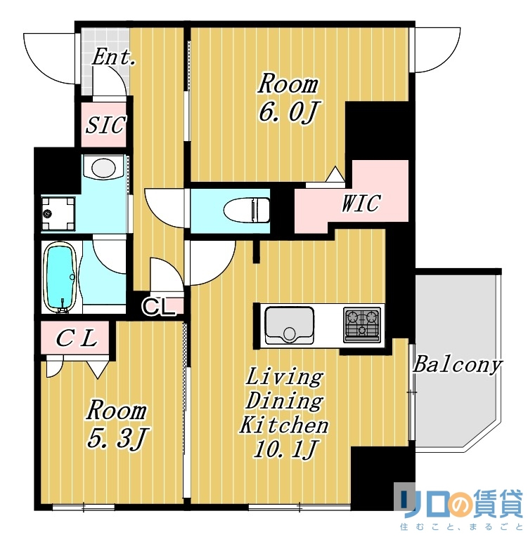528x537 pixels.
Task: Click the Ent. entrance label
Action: pyautogui.click(x=113, y=58)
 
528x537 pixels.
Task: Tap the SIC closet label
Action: pyautogui.click(x=105, y=126)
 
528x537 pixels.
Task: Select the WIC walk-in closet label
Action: pyautogui.click(x=360, y=204)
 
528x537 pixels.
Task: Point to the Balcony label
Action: pyautogui.click(x=457, y=365)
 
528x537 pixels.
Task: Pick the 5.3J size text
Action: pyautogui.click(x=117, y=439)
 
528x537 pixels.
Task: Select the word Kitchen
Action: pyautogui.click(x=284, y=425)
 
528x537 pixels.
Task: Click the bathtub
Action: pyautogui.click(x=61, y=277)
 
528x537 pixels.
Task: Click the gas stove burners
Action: pyautogui.click(x=361, y=324)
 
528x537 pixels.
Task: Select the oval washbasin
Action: pyautogui.click(x=104, y=168)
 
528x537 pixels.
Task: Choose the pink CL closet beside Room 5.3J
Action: pyautogui.click(x=75, y=338)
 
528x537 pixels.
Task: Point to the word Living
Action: pyautogui.click(x=284, y=377)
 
